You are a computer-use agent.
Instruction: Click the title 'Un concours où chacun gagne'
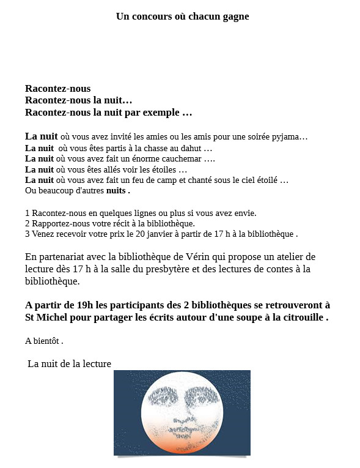pos(182,17)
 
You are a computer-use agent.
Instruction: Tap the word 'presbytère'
pos(166,269)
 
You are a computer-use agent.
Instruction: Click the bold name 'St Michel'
pos(45,318)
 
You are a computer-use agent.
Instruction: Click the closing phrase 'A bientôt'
pos(43,341)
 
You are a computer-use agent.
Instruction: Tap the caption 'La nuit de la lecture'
pos(70,364)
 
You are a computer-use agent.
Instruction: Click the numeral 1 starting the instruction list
pos(28,213)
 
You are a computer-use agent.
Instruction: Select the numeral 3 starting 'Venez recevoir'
pos(28,234)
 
